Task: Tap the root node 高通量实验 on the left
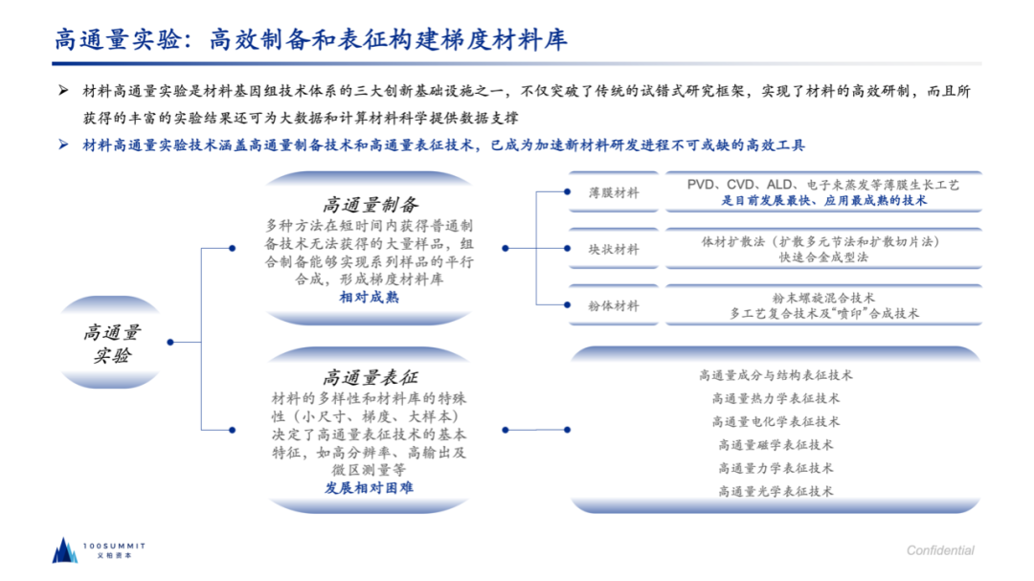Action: [x=111, y=344]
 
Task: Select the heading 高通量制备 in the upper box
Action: [x=370, y=204]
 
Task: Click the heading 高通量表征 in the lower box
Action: [x=370, y=377]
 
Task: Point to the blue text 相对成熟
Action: [x=370, y=298]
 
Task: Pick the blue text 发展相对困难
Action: [x=370, y=488]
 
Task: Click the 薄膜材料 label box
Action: [x=614, y=192]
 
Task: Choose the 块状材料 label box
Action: [x=614, y=249]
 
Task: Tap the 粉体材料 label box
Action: [x=614, y=305]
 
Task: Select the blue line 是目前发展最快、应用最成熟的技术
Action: [x=823, y=201]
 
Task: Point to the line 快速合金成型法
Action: [x=823, y=257]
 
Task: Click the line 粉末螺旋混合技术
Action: [x=823, y=298]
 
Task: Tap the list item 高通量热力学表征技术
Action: [x=775, y=398]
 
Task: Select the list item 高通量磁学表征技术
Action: [x=775, y=445]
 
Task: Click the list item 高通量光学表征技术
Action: [x=775, y=491]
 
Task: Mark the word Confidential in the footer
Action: [x=940, y=550]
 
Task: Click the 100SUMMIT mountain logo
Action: [x=64, y=549]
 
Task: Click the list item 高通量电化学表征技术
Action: [x=775, y=422]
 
